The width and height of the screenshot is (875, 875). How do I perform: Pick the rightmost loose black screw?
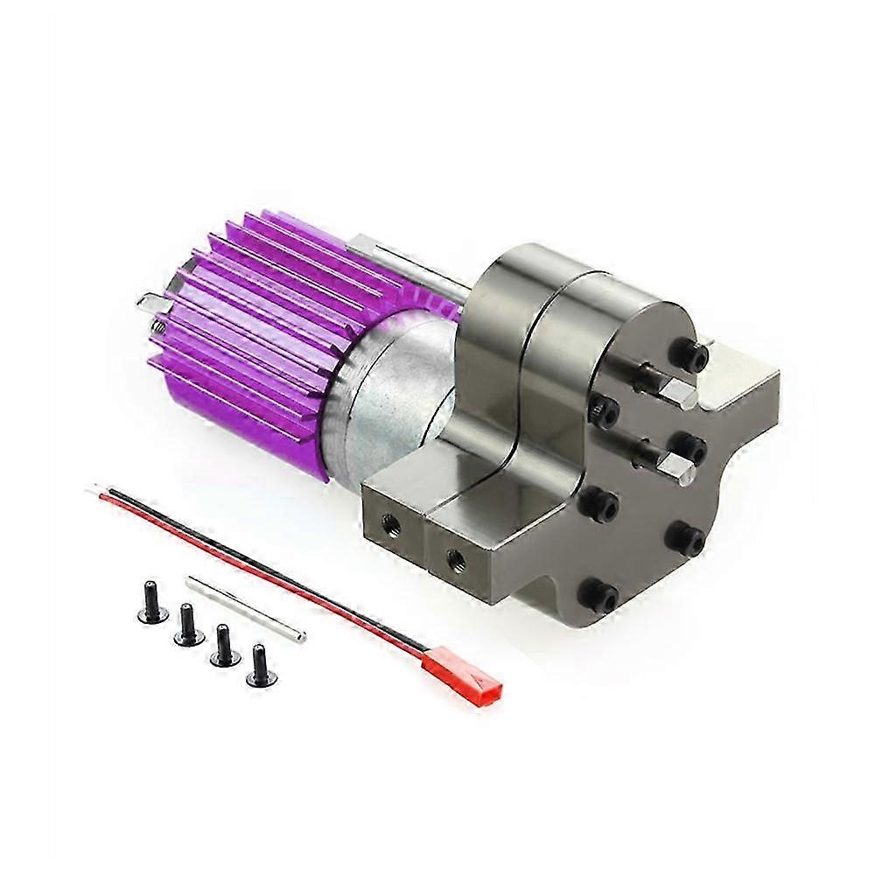[259, 666]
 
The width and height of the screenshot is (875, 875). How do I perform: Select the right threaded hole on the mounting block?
[453, 556]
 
